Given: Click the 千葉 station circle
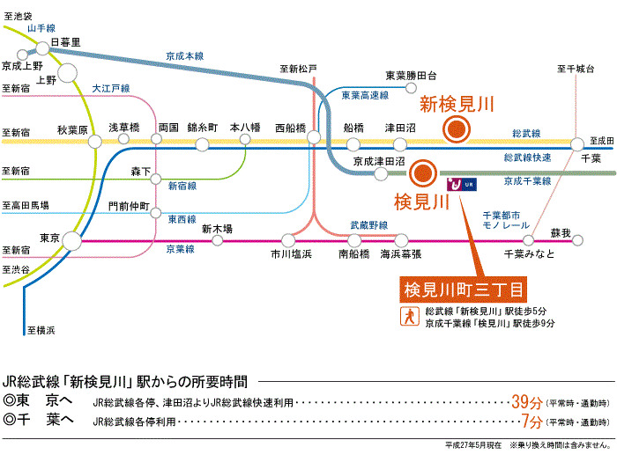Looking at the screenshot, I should click(577, 144).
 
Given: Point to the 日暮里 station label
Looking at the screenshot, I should click(66, 41).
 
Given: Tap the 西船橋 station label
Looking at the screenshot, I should click(291, 127).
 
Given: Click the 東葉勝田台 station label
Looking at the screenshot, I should click(411, 76).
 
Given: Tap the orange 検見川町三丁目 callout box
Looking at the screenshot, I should click(463, 288).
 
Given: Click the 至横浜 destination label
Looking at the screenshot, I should click(41, 330).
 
